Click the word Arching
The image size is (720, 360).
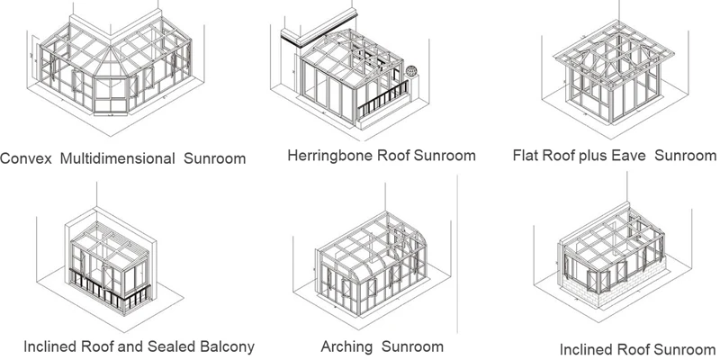(x=346, y=346)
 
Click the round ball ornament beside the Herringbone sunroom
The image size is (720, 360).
(x=412, y=69)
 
